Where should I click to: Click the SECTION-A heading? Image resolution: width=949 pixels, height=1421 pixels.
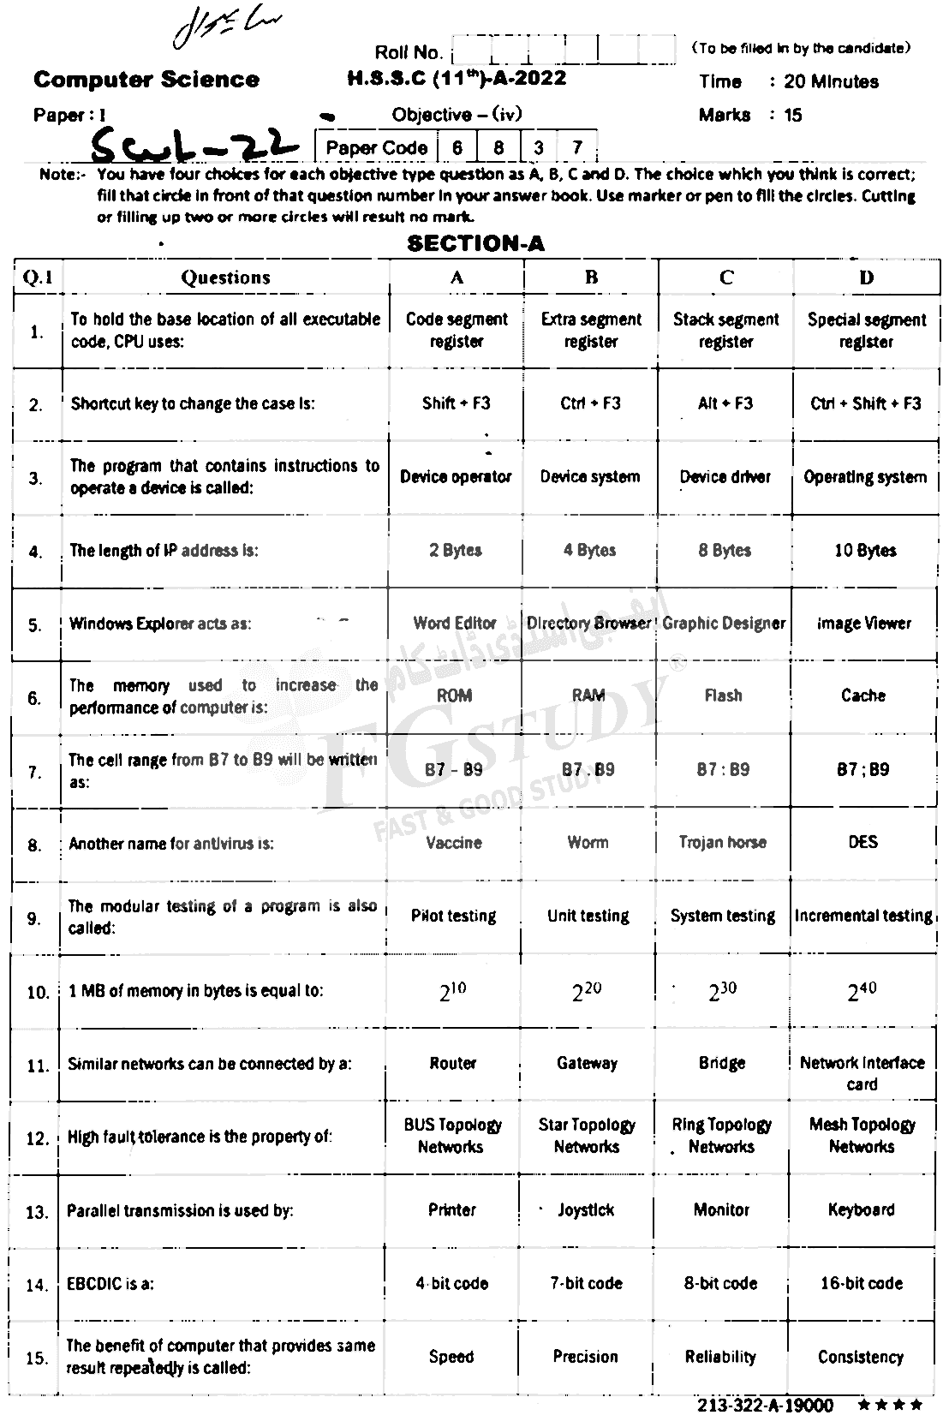pyautogui.click(x=475, y=243)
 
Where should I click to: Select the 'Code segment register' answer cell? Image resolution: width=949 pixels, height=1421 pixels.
pyautogui.click(x=457, y=331)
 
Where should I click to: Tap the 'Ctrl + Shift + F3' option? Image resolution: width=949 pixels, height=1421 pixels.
pyautogui.click(x=866, y=403)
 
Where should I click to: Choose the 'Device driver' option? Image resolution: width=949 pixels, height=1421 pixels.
pyautogui.click(x=725, y=477)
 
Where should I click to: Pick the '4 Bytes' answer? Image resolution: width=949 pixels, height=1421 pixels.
pyautogui.click(x=589, y=550)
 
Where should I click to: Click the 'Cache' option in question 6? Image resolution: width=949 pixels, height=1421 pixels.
pyautogui.click(x=862, y=696)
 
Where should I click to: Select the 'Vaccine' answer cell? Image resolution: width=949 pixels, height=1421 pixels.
pyautogui.click(x=454, y=843)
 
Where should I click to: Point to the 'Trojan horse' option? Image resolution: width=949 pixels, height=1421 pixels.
pyautogui.click(x=722, y=843)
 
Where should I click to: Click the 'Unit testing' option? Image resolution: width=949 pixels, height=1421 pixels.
pyautogui.click(x=588, y=916)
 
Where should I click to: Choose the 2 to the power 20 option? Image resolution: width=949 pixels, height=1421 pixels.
pyautogui.click(x=587, y=992)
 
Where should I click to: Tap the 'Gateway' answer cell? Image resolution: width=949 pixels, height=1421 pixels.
pyautogui.click(x=587, y=1063)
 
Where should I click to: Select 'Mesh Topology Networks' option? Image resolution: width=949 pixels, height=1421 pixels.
pyautogui.click(x=862, y=1136)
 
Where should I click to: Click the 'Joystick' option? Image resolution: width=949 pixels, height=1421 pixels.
pyautogui.click(x=586, y=1210)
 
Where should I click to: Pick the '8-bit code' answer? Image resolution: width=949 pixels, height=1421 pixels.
pyautogui.click(x=721, y=1283)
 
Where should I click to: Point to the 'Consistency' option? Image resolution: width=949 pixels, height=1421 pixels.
pyautogui.click(x=860, y=1357)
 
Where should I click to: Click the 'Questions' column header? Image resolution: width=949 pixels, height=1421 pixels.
pyautogui.click(x=225, y=278)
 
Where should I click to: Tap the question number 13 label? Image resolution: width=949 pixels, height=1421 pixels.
pyautogui.click(x=37, y=1212)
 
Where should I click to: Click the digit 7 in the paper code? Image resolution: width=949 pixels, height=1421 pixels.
pyautogui.click(x=577, y=147)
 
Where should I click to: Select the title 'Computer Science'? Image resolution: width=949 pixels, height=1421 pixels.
pyautogui.click(x=146, y=81)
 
